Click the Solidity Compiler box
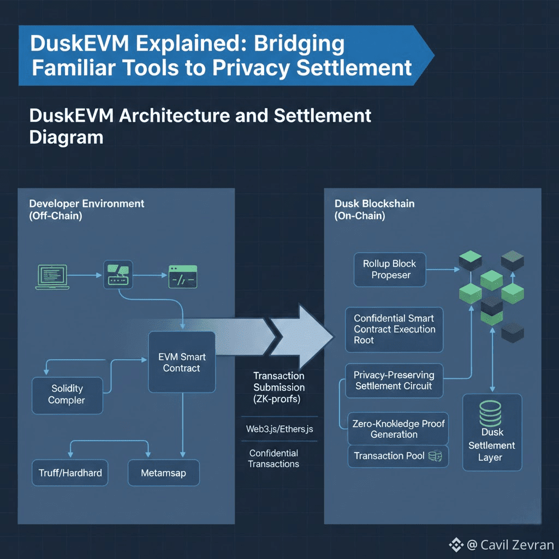(67, 394)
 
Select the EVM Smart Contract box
(181, 362)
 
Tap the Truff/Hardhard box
(70, 473)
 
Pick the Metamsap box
(163, 473)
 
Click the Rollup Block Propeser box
(389, 269)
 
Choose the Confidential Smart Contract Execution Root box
(394, 329)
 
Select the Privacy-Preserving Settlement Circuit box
(394, 380)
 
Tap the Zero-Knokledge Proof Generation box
(398, 429)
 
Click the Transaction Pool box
(397, 456)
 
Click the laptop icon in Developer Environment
(51, 276)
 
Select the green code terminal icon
(183, 276)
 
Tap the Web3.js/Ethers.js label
(279, 429)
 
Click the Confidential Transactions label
(273, 459)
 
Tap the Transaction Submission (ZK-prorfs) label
(279, 387)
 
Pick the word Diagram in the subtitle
(66, 136)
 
